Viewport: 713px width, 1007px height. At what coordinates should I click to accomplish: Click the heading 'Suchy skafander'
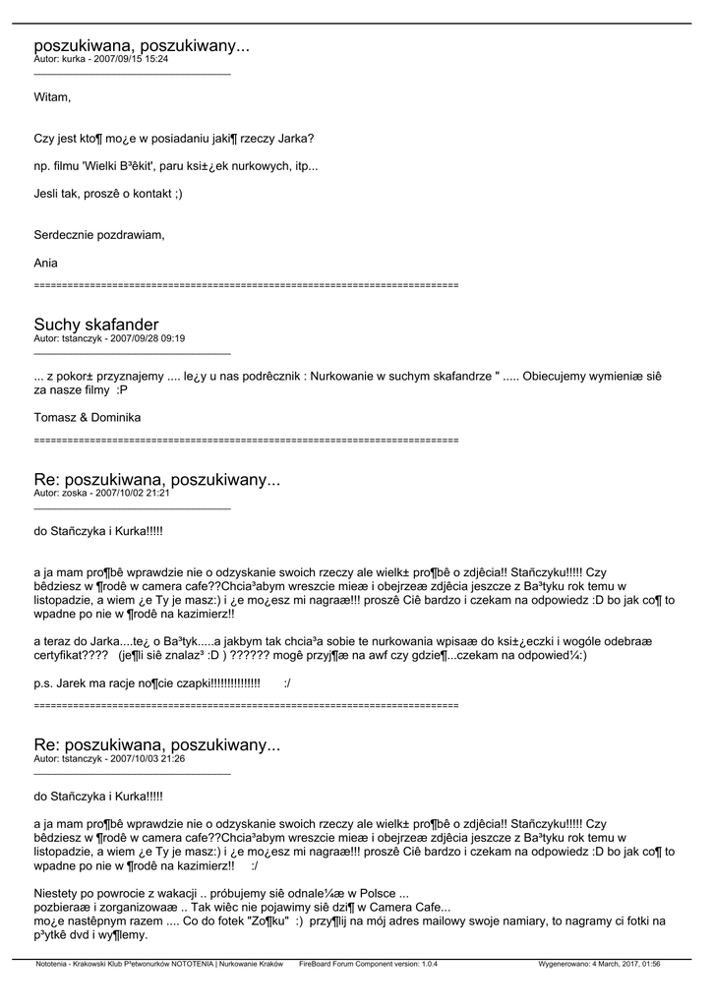click(x=96, y=325)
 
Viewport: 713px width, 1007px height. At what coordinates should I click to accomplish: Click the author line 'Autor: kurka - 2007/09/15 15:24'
click(x=100, y=59)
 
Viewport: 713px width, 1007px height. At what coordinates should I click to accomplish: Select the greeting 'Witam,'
click(x=52, y=97)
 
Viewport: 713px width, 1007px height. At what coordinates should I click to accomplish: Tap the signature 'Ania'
click(x=46, y=263)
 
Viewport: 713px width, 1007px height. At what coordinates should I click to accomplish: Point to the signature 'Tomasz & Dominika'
click(x=88, y=418)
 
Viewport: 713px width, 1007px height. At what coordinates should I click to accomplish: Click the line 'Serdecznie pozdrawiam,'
click(x=99, y=235)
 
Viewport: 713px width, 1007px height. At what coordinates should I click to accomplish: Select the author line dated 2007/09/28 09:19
click(x=109, y=338)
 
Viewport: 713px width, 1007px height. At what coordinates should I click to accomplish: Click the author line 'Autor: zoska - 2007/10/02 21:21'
click(x=102, y=494)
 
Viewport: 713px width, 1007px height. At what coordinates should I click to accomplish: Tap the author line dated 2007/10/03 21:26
click(x=109, y=759)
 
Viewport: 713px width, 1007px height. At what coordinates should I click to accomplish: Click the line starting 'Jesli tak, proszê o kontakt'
click(x=108, y=194)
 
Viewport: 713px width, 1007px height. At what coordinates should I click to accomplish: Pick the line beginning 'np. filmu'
click(x=176, y=165)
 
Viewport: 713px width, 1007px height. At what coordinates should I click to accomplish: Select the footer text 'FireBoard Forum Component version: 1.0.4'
click(x=368, y=965)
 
